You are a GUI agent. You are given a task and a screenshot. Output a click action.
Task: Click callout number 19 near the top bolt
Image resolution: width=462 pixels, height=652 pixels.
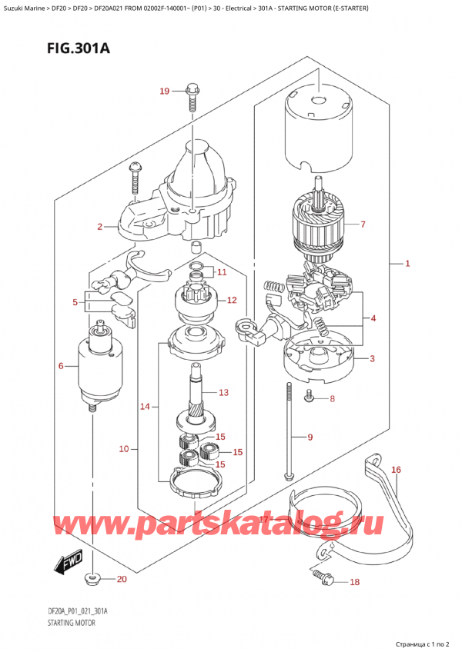(163, 92)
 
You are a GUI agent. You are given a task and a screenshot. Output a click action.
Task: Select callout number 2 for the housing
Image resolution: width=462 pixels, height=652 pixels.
(100, 227)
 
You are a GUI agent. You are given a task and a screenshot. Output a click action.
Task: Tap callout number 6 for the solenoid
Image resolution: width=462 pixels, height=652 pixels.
(61, 365)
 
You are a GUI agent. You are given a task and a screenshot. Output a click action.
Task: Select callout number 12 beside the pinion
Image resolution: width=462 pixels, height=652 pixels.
(231, 300)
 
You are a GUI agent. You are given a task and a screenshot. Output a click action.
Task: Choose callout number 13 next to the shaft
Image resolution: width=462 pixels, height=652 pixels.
(223, 393)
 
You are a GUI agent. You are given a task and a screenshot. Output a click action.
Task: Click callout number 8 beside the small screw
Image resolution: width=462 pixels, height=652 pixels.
(333, 398)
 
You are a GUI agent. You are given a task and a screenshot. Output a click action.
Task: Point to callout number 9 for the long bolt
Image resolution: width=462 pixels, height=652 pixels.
(310, 437)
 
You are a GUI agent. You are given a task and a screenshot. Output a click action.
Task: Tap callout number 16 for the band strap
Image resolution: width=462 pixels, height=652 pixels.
(396, 469)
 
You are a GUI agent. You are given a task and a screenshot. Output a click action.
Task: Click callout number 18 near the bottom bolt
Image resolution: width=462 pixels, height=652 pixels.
(354, 582)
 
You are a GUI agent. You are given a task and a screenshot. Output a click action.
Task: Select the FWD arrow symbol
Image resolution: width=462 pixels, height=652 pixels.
(67, 565)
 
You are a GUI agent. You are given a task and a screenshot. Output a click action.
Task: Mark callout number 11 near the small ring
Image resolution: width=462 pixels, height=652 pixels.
(222, 272)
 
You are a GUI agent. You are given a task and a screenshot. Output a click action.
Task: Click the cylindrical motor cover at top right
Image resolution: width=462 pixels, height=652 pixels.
(318, 131)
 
